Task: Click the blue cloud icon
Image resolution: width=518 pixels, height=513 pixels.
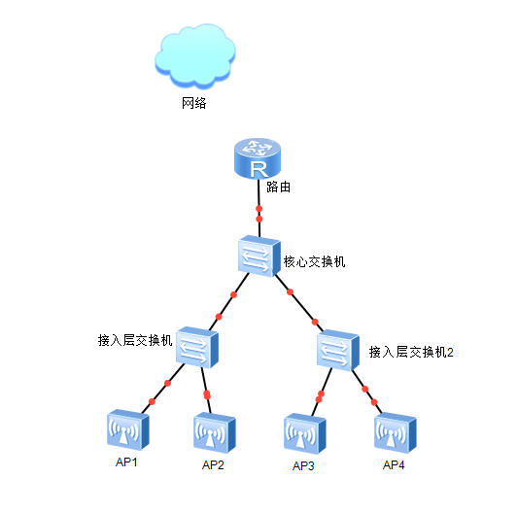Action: pos(195,56)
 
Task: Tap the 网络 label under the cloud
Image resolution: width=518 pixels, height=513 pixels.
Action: pos(194,103)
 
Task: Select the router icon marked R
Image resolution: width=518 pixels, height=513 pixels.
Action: pos(258,158)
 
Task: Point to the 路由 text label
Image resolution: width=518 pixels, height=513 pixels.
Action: pos(279,187)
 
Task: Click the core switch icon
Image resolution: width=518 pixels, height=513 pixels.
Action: pos(259,256)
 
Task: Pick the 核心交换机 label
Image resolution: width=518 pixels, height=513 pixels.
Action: pos(314,261)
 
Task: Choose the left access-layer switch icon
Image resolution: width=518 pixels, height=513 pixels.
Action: pos(197,347)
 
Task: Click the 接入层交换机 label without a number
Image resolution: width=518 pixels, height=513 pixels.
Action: pos(135,340)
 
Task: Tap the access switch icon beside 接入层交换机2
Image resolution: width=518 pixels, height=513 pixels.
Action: pos(338,350)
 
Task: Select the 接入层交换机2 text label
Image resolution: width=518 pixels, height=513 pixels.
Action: pos(411,352)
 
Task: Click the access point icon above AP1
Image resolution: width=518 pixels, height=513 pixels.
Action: pos(128,429)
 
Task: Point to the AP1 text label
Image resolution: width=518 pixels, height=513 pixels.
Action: pos(126,462)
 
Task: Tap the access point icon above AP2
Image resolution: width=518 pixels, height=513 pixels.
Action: pos(215,432)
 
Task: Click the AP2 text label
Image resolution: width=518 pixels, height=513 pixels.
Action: pos(213,465)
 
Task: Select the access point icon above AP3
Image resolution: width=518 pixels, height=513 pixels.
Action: pos(305,433)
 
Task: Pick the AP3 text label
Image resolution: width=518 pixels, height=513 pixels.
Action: pos(303,466)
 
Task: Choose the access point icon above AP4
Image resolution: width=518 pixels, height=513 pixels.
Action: pos(396,432)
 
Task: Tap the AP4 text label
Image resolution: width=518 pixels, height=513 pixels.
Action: pos(394,465)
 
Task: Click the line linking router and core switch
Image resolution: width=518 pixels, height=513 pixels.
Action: pos(259,208)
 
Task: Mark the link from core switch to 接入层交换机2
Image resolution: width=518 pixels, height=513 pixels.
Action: pos(299,303)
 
